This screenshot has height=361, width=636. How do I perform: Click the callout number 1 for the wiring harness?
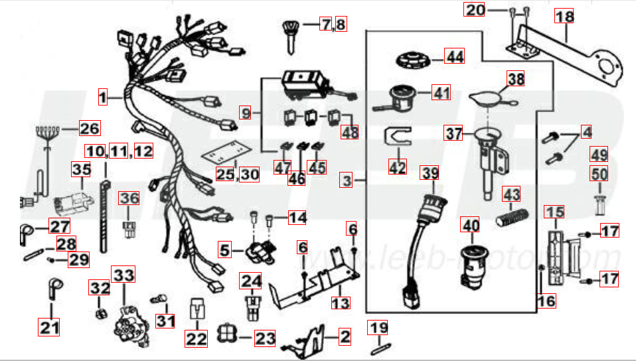(103, 98)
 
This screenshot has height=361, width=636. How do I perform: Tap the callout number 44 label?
(454, 57)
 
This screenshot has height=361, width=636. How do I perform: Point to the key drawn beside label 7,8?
(290, 33)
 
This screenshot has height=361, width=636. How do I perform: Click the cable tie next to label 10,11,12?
(105, 212)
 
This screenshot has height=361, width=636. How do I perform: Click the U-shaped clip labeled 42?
(397, 139)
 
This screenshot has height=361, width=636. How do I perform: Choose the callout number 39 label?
(431, 174)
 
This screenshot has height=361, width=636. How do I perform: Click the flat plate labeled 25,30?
(225, 155)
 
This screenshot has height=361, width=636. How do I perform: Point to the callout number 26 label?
(88, 128)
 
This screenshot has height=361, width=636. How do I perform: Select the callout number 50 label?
(599, 175)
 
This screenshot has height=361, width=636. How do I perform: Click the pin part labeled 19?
(378, 346)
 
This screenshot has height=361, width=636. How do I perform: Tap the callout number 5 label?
(226, 251)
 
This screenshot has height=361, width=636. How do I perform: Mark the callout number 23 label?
(265, 338)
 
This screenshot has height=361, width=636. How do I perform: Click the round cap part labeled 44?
(414, 59)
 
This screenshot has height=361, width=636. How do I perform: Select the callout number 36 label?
(129, 198)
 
